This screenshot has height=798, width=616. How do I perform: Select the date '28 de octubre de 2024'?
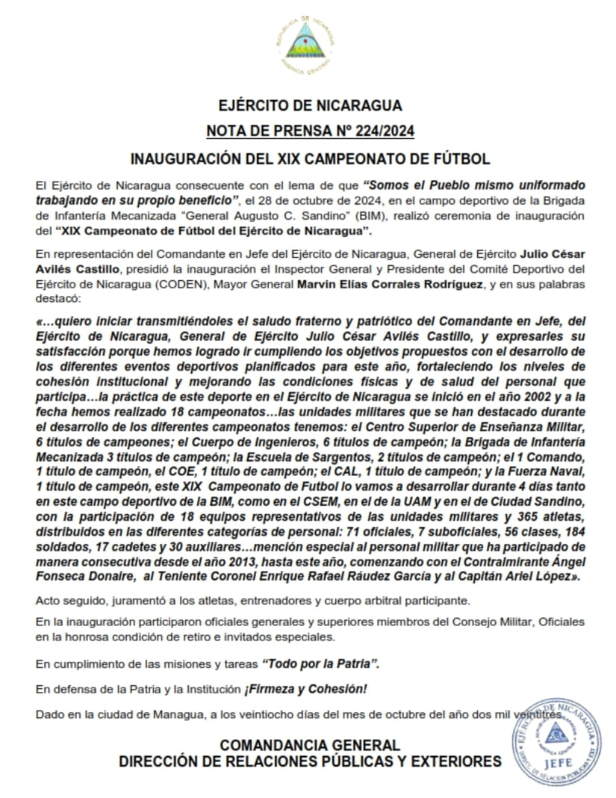pos(302,200)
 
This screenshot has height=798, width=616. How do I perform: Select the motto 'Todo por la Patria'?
pos(326,664)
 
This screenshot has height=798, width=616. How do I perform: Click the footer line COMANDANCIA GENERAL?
pos(310,746)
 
